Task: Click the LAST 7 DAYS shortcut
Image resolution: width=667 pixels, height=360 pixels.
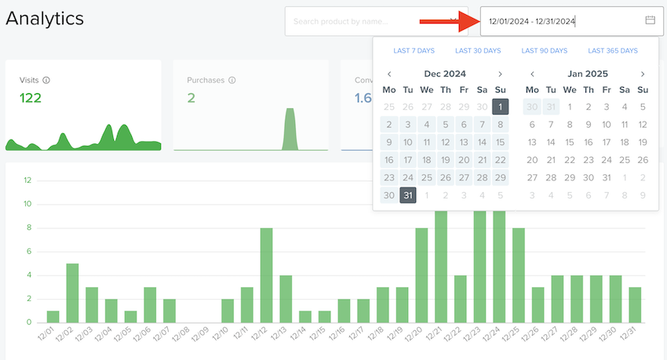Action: click(x=414, y=51)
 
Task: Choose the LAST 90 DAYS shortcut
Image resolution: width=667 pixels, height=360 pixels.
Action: click(x=544, y=51)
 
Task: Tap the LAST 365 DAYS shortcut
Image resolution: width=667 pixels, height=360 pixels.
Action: click(x=613, y=51)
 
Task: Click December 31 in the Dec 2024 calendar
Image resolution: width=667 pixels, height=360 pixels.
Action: click(x=408, y=195)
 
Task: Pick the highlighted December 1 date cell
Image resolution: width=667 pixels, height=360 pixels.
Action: click(x=501, y=107)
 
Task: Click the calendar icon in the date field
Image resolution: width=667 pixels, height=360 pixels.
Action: click(x=650, y=20)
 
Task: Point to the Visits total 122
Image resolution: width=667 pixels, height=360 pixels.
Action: click(x=31, y=98)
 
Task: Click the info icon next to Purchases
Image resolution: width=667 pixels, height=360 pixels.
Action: click(x=232, y=80)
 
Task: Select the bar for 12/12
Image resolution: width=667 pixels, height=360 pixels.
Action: click(x=266, y=275)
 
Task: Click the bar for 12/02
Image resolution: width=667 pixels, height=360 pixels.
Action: click(x=72, y=293)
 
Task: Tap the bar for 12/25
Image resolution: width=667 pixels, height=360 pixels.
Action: click(x=518, y=275)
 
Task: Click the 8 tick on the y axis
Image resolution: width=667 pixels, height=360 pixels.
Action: click(x=27, y=227)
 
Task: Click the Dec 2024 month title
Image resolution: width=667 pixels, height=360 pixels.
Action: click(x=444, y=74)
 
